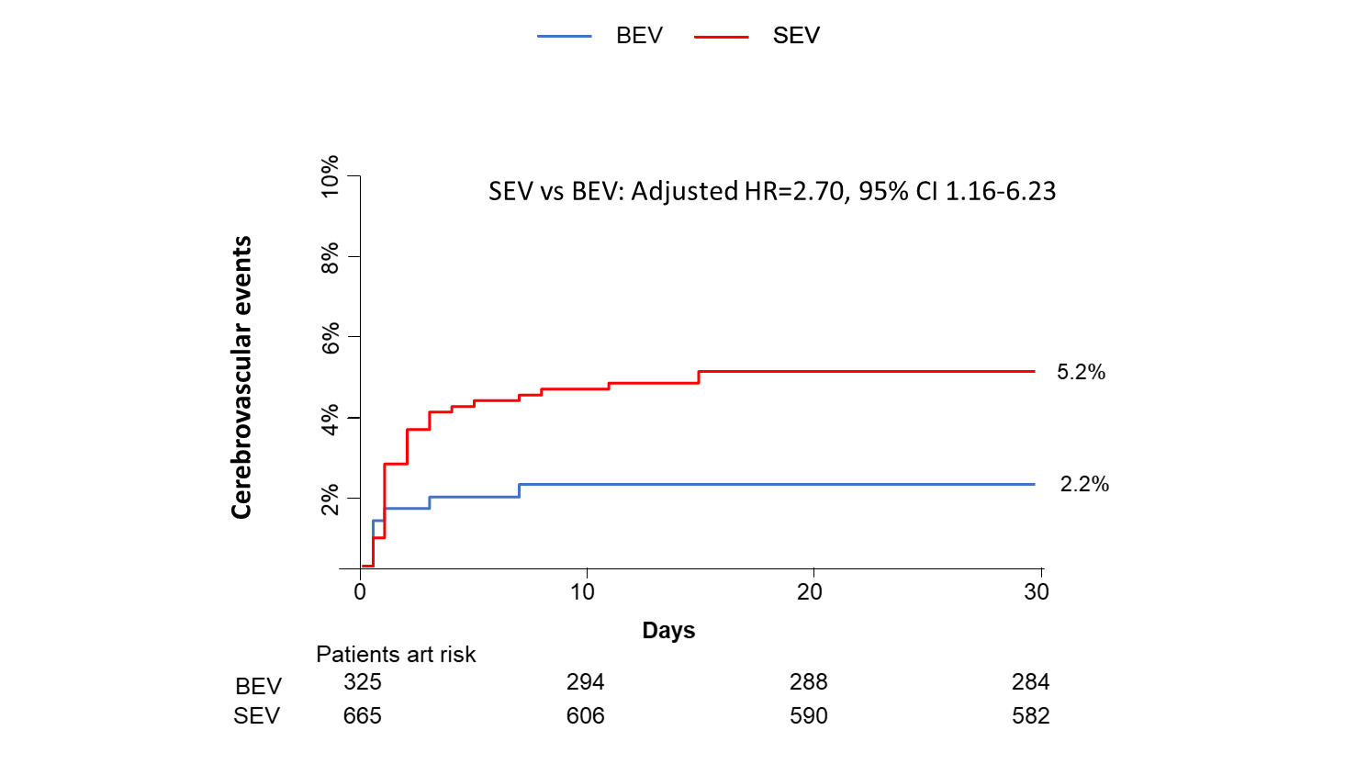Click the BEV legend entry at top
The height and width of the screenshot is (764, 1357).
coord(639,36)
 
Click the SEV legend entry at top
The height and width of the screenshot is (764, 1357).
coord(795,36)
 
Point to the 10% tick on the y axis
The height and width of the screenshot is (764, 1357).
coord(330,175)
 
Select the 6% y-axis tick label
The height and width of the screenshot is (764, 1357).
coord(330,337)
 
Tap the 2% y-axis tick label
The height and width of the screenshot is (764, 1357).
coord(330,500)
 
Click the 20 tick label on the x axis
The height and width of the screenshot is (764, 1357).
coord(810,592)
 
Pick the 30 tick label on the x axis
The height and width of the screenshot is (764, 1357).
coord(1037,592)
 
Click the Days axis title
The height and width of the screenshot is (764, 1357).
coord(668,631)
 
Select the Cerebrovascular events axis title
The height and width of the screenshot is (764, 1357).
coord(241,377)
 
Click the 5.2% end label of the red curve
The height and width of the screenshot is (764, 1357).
coord(1081,372)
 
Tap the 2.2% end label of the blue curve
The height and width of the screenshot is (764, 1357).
coord(1084,484)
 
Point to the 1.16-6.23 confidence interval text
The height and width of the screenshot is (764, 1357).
coord(1001,191)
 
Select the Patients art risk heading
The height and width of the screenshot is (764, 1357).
coord(396,655)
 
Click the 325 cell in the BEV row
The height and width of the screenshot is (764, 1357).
coord(363,682)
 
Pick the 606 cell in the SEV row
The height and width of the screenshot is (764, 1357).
coord(585,716)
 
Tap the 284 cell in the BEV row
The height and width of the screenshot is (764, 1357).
coord(1030,682)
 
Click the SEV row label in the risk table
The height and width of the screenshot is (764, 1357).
coord(256,716)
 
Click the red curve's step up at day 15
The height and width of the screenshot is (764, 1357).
coord(699,376)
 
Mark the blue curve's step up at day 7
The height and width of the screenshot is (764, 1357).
coord(520,490)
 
